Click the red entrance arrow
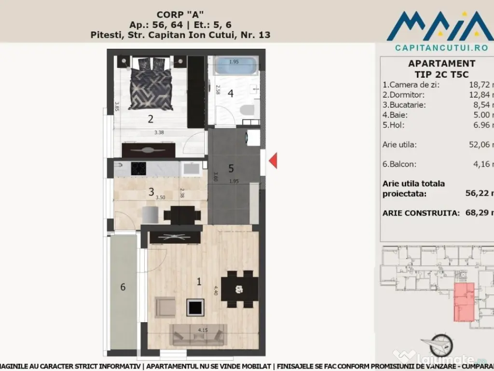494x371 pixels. point(273,160)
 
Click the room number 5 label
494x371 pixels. point(231,168)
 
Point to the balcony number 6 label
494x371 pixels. point(123,287)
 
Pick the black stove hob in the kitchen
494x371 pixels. point(141,169)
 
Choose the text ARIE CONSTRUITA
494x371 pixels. point(420,213)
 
